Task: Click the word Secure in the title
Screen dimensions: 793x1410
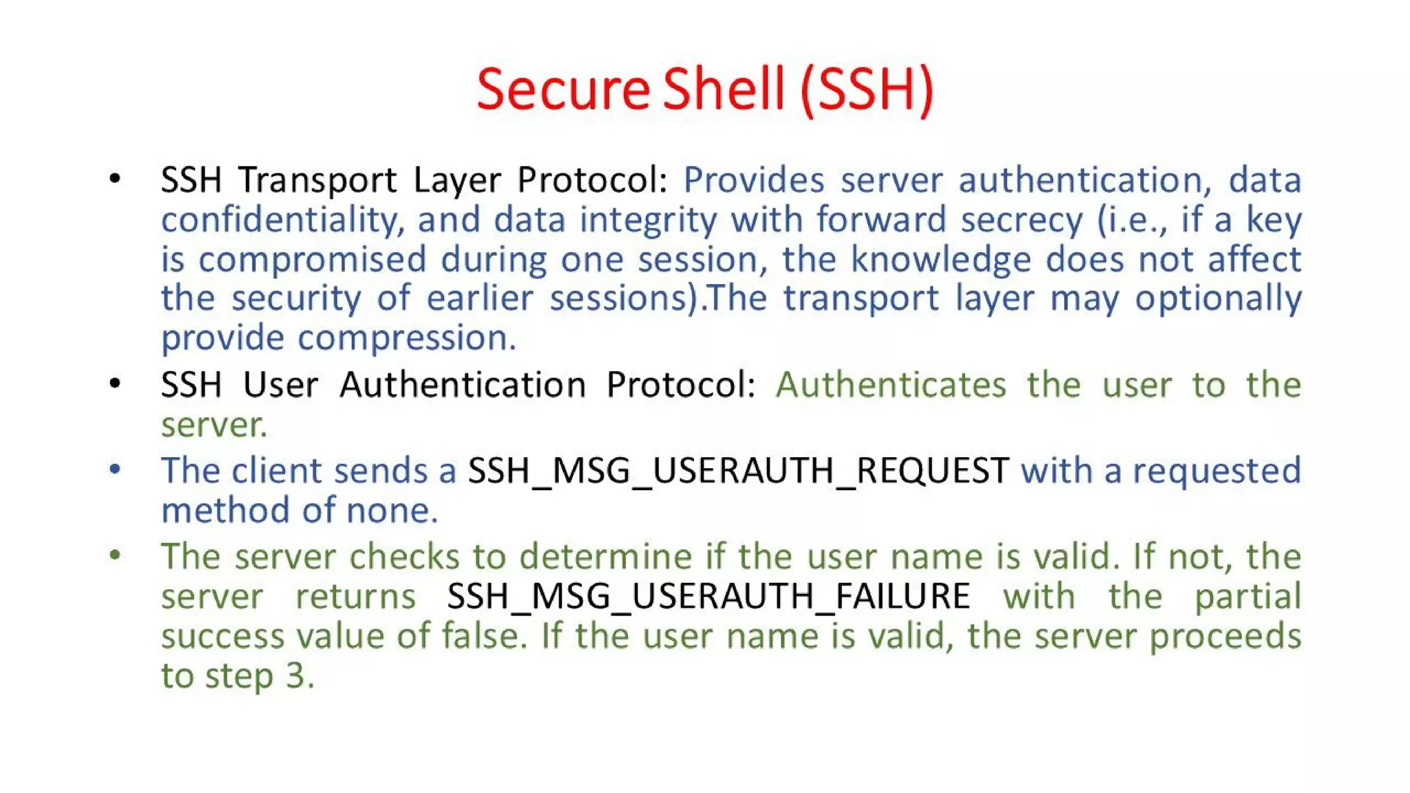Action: point(562,89)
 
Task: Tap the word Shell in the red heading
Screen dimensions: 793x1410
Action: point(723,89)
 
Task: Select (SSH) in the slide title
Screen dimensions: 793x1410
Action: point(867,89)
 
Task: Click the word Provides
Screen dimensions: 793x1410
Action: point(753,180)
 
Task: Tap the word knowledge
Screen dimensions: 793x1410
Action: point(940,260)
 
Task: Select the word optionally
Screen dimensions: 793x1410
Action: point(1218,299)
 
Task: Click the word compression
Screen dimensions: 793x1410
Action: point(406,339)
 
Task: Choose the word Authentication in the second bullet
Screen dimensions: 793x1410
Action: point(463,385)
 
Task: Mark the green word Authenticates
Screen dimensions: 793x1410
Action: point(891,385)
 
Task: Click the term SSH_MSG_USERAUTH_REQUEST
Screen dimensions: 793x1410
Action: point(738,472)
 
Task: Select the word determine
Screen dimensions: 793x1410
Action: point(605,557)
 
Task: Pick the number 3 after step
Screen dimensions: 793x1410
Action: point(296,676)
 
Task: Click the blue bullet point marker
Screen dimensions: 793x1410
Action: point(115,470)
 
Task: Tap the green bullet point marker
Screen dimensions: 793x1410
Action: point(115,556)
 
